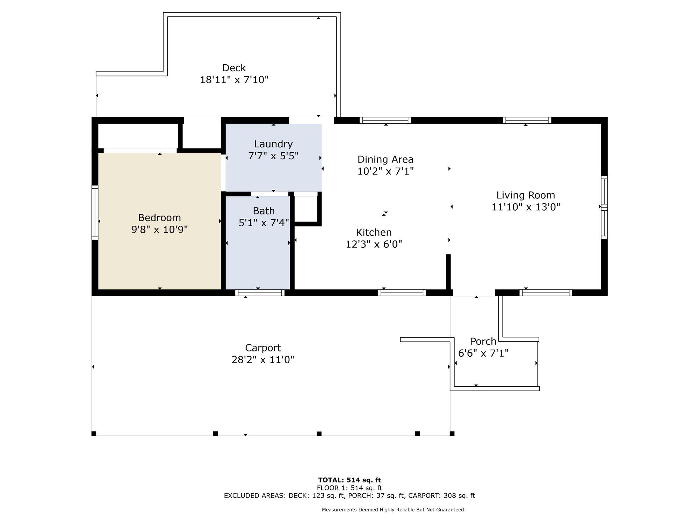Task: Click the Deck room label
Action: coord(234,68)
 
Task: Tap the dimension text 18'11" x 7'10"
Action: coord(234,80)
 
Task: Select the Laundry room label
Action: coord(273,144)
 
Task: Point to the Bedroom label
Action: coord(159,218)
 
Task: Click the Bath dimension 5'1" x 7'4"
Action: coord(264,223)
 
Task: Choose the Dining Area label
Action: coord(385,160)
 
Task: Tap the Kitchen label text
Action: coord(374,232)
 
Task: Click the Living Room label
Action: coord(526,195)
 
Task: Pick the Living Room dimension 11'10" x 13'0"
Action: coord(526,207)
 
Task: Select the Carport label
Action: coord(263,348)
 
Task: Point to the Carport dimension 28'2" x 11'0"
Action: coord(263,360)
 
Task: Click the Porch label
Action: coord(483,341)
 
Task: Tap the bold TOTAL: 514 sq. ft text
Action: coord(349,480)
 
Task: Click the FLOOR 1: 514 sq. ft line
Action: coord(349,488)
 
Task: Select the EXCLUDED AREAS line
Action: coord(349,496)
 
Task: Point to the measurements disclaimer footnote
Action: coord(394,510)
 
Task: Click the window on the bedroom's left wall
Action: coord(95,212)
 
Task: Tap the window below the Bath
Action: coord(260,293)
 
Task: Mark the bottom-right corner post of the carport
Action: coord(452,434)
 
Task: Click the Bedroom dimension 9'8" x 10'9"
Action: coord(159,230)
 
